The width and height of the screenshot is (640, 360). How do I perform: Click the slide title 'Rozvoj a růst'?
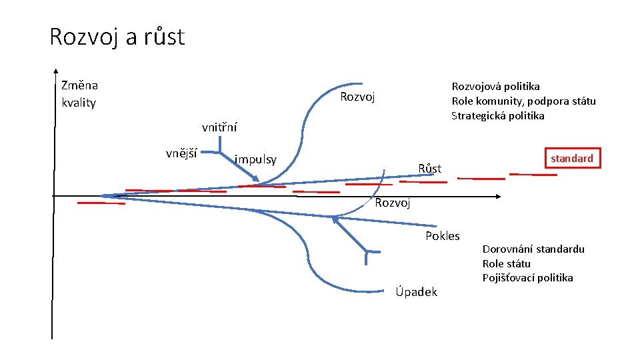[x=117, y=37]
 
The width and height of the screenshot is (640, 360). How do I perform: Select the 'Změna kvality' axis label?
[x=79, y=94]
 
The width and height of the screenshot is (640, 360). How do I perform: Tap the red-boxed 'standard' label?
[x=571, y=159]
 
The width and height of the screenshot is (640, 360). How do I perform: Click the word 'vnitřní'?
[x=219, y=127]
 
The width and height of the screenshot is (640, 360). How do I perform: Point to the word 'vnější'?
[x=181, y=153]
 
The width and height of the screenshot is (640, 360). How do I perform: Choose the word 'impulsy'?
[x=255, y=159]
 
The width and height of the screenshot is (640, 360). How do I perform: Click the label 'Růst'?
[x=429, y=169]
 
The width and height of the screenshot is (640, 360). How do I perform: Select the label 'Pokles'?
[x=443, y=236]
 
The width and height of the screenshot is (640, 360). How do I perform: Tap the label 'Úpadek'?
[x=416, y=291]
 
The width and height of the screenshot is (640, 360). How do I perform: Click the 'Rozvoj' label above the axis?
[x=357, y=97]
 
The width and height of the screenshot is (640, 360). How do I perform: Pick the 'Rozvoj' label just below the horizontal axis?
[x=392, y=203]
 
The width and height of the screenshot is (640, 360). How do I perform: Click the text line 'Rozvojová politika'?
[x=495, y=86]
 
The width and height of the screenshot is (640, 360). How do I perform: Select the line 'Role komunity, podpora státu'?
[x=523, y=101]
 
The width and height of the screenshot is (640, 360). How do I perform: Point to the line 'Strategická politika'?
[x=497, y=115]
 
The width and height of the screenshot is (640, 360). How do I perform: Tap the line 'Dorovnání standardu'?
[x=533, y=249]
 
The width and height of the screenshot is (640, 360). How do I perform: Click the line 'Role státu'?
[x=506, y=263]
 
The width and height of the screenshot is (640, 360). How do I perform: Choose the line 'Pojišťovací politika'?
[x=527, y=278]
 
